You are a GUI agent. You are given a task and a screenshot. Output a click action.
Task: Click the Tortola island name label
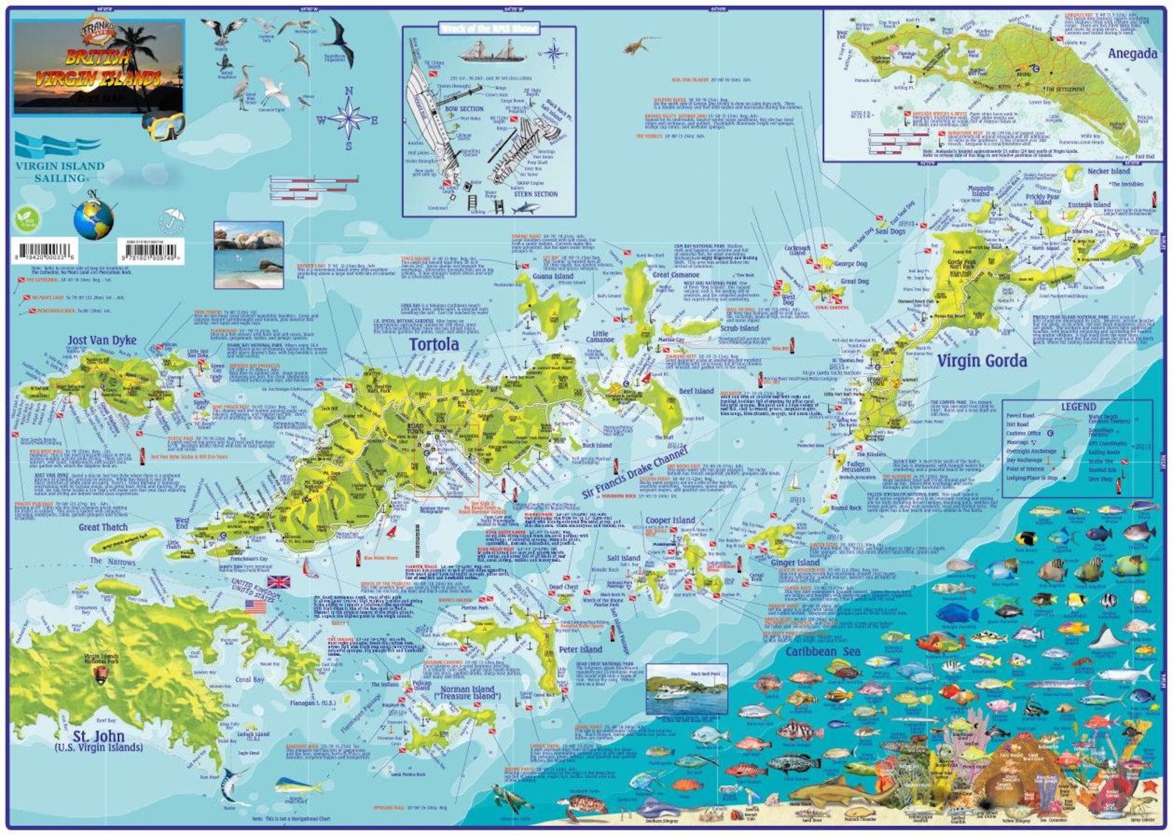click(434, 344)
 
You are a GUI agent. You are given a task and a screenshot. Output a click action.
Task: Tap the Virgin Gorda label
click(982, 361)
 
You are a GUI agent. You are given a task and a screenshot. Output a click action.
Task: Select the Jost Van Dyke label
click(102, 340)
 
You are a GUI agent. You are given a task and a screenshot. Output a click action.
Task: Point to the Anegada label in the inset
click(1132, 53)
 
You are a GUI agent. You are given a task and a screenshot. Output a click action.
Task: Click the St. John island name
click(98, 737)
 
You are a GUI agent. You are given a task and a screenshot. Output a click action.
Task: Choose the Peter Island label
click(580, 650)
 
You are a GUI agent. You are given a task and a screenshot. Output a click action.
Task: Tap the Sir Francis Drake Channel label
click(635, 472)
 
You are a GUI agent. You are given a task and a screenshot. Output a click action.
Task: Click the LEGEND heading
click(1078, 406)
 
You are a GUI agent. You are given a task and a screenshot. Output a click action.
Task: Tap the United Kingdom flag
click(278, 582)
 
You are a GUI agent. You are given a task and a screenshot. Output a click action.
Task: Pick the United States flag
click(256, 606)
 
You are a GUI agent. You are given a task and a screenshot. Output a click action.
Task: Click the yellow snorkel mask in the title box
click(163, 126)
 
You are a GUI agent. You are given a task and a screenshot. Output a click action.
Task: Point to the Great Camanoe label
click(675, 274)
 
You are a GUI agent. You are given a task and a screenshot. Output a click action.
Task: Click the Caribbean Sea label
click(822, 652)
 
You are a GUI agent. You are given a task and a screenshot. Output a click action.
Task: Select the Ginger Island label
click(795, 562)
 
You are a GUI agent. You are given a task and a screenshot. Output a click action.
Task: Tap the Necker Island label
click(1108, 171)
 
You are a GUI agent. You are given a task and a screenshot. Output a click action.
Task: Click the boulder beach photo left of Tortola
click(248, 254)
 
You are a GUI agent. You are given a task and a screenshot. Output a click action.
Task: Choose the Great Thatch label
click(103, 527)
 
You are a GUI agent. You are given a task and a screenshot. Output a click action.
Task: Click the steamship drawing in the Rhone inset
click(488, 51)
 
